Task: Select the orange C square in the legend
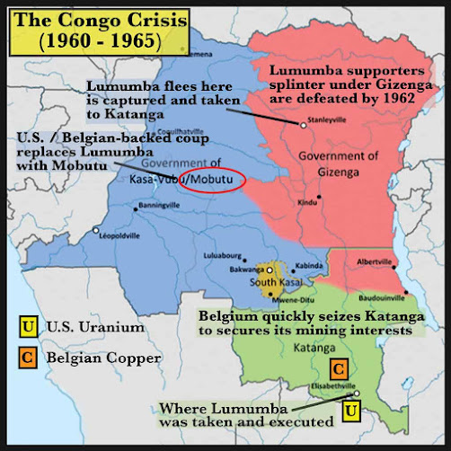click(30, 358)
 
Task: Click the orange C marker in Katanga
click(339, 367)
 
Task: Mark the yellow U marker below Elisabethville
click(352, 412)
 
